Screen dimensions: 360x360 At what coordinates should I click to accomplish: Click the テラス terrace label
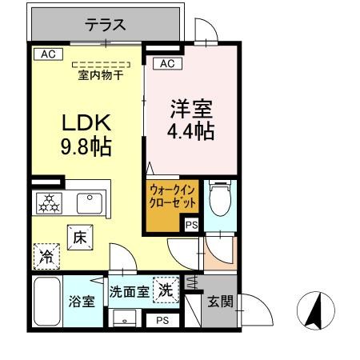[106, 24]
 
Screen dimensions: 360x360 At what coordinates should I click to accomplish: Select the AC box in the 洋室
[166, 63]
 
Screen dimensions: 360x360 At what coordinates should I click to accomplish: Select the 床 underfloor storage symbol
[80, 238]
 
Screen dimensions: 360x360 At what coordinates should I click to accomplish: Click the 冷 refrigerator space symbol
[46, 255]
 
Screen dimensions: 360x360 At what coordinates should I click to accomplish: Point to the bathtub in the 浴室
[46, 302]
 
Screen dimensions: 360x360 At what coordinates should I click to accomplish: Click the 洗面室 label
[129, 292]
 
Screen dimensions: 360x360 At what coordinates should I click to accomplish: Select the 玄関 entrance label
[221, 302]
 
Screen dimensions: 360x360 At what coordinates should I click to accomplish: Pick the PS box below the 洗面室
[162, 320]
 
